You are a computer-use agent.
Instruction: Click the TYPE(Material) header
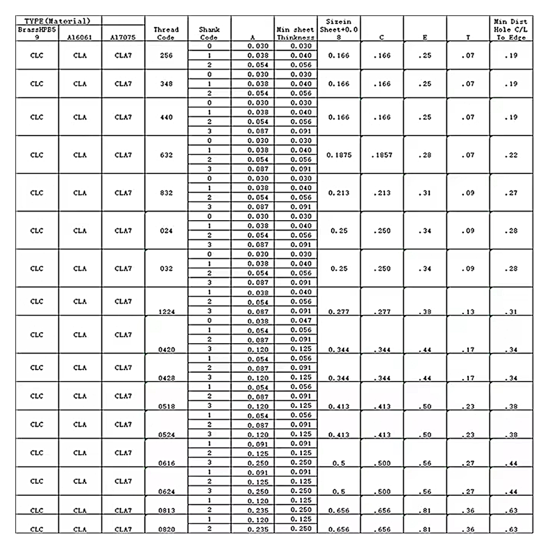point(58,21)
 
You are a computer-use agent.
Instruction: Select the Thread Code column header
point(166,33)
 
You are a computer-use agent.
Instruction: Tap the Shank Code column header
point(209,33)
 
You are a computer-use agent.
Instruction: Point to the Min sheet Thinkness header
point(296,33)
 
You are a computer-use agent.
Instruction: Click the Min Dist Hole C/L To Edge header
point(511,29)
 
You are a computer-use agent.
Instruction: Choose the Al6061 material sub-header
point(80,38)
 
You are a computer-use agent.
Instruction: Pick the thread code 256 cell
point(166,55)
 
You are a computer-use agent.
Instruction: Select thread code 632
point(166,155)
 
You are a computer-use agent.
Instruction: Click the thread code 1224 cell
point(166,312)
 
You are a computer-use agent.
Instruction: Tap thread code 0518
point(166,406)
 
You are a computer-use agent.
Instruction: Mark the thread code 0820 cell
point(166,530)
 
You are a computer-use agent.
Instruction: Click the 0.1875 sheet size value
point(339,155)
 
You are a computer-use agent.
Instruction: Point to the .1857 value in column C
point(381,155)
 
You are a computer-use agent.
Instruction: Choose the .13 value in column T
point(468,312)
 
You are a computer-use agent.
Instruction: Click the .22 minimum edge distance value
point(511,155)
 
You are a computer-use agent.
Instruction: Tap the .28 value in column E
point(424,155)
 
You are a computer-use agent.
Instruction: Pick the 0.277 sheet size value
point(339,312)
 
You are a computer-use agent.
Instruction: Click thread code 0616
point(166,463)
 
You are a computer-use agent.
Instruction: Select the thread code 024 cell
point(166,230)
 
